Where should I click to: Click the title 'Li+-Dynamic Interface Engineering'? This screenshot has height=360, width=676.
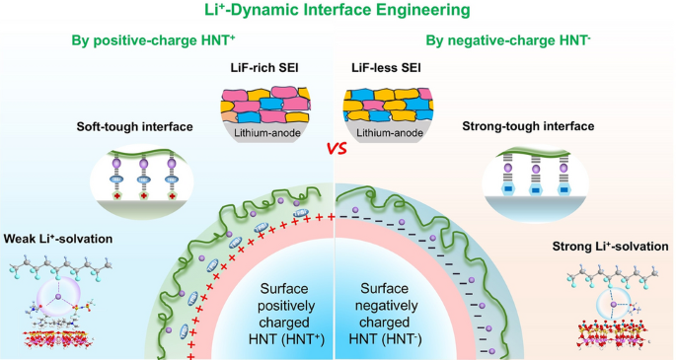[x=338, y=11]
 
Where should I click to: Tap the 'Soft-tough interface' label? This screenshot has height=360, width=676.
[x=135, y=127]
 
